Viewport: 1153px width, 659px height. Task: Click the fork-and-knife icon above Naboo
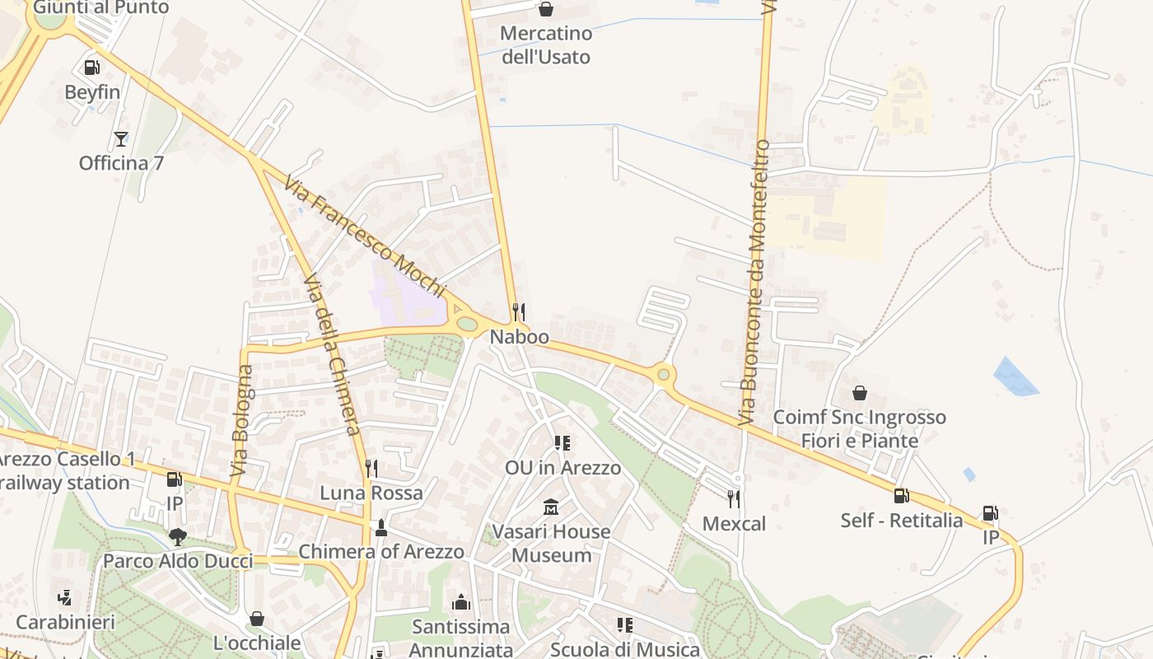coord(519,311)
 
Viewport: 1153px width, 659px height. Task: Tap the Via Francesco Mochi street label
coord(365,236)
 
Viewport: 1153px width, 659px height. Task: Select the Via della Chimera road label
coord(332,355)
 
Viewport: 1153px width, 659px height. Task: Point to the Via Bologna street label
coord(241,422)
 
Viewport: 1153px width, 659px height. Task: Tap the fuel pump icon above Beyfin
coord(92,68)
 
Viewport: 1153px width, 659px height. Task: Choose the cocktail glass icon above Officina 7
coord(121,138)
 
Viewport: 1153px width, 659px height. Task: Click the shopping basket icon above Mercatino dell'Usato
coord(545,9)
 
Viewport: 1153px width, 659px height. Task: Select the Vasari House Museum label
coord(551,543)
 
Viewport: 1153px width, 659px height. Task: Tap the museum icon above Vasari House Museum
coord(551,507)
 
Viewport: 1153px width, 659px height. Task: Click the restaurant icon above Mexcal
coord(734,498)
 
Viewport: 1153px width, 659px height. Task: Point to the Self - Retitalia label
coord(901,520)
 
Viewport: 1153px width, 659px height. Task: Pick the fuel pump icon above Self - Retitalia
coord(902,496)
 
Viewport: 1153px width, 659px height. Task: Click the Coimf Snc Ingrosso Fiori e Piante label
coord(859,429)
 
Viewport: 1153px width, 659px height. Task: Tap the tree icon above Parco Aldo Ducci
coord(177,537)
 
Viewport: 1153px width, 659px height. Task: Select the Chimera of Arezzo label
coord(381,551)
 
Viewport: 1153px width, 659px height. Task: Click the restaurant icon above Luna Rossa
coord(371,469)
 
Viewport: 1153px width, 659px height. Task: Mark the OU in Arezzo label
coord(562,468)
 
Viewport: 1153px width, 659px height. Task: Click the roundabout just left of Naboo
coord(467,324)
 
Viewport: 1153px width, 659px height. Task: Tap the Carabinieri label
coord(65,622)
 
